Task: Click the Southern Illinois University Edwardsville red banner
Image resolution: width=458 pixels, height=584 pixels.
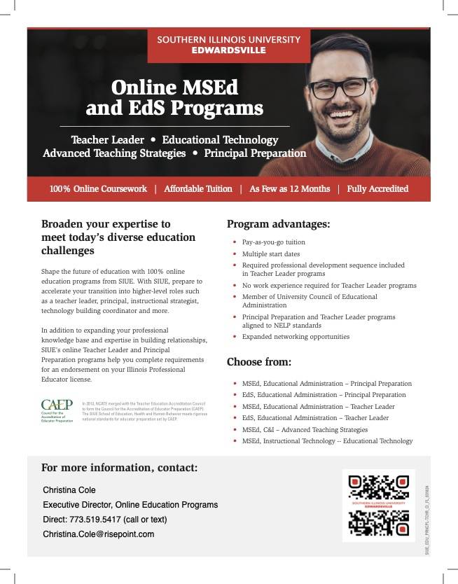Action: pos(228,44)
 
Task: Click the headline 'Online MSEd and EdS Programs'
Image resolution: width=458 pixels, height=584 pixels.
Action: pos(174,97)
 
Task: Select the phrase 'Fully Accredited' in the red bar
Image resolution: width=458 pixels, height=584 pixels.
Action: pos(377,188)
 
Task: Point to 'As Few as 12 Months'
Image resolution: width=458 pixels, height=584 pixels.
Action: pos(289,188)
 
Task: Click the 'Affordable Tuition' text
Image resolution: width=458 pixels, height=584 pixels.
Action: pos(198,188)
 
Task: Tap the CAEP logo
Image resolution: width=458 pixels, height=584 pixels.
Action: pos(57,410)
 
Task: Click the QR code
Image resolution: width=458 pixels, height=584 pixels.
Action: pos(378,505)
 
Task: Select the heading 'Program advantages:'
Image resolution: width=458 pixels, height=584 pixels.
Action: pos(278,224)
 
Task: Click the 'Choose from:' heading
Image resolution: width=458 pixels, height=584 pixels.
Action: pos(258,362)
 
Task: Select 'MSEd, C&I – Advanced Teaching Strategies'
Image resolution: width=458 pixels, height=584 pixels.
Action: pos(305,429)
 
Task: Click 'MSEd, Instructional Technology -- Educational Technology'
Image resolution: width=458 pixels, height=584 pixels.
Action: pos(327,441)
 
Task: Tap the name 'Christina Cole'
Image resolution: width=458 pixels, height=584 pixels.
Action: pos(69,489)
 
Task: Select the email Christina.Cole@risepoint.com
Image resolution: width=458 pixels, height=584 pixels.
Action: pos(98,534)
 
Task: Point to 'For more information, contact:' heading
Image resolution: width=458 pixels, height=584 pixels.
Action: pos(119,467)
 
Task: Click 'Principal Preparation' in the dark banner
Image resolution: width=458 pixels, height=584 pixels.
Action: pos(255,153)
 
